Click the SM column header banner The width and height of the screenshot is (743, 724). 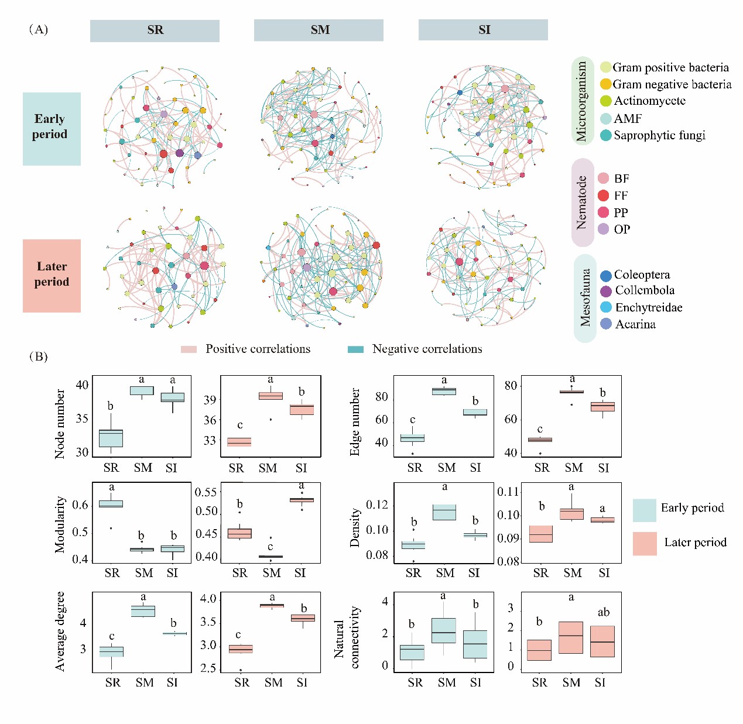tap(319, 30)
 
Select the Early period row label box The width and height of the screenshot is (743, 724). tap(52, 129)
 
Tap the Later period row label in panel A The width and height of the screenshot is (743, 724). tap(52, 276)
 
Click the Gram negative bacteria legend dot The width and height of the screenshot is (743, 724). tap(606, 84)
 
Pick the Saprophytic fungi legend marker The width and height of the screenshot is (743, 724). tap(606, 135)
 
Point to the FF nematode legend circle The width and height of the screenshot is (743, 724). tap(604, 195)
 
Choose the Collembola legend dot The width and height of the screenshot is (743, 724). tap(606, 291)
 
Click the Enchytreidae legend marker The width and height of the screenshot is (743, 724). tap(606, 307)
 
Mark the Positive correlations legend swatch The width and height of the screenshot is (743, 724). tap(189, 349)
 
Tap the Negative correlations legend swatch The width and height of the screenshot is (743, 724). tap(355, 349)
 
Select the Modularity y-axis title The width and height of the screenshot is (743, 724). tap(60, 524)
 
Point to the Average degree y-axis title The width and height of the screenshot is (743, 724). tap(60, 632)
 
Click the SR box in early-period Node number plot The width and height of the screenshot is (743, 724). tap(111, 438)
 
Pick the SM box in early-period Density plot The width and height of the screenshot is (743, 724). tap(444, 512)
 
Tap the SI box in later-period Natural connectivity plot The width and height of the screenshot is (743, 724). tap(602, 641)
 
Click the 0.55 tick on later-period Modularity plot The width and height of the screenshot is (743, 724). tap(206, 492)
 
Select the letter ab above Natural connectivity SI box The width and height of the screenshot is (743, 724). tap(604, 612)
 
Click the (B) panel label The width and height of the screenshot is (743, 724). tap(39, 356)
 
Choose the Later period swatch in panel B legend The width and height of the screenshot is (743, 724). tap(645, 543)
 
